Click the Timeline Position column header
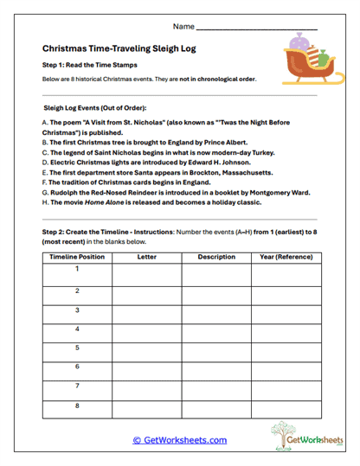pyautogui.click(x=77, y=257)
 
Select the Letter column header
pyautogui.click(x=146, y=257)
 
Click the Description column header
pyautogui.click(x=215, y=257)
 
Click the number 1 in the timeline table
pyautogui.click(x=77, y=270)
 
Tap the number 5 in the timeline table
pyautogui.click(x=77, y=348)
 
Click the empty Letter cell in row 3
pyautogui.click(x=146, y=314)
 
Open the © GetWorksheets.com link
pyautogui.click(x=179, y=439)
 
